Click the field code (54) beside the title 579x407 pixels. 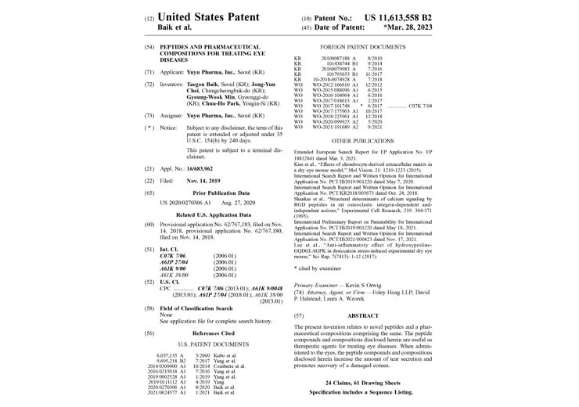[x=149, y=47]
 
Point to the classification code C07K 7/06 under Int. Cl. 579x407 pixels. [x=173, y=233]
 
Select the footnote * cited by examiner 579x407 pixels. [x=318, y=268]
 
